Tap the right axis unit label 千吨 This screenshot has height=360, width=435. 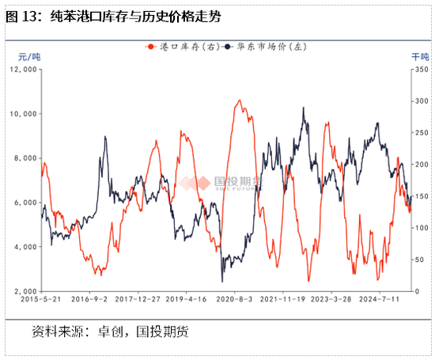pos(419,56)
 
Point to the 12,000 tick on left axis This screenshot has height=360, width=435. pos(25,70)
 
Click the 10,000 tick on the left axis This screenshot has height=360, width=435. pos(25,114)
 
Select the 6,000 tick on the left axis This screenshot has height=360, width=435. pos(26,203)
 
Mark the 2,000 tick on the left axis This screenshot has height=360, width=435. pos(26,291)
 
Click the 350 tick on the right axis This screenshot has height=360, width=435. pos(418,70)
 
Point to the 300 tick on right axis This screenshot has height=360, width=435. pos(418,101)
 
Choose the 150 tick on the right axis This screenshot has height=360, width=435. pos(418,196)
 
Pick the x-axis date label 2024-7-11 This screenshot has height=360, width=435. pos(380,301)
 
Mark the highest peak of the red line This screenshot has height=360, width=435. pos(239,100)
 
